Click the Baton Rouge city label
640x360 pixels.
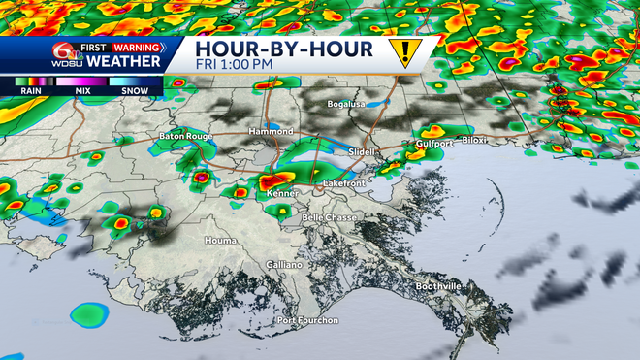pos(186,137)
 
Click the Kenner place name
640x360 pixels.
pos(280,194)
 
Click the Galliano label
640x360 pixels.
pos(284,264)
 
